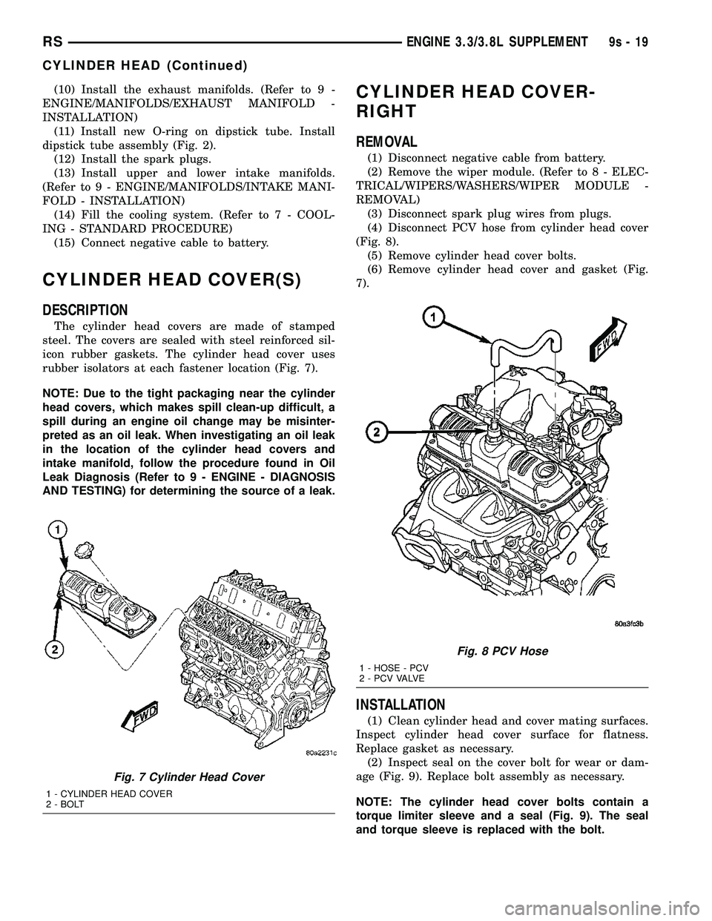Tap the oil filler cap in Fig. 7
(x=84, y=549)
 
